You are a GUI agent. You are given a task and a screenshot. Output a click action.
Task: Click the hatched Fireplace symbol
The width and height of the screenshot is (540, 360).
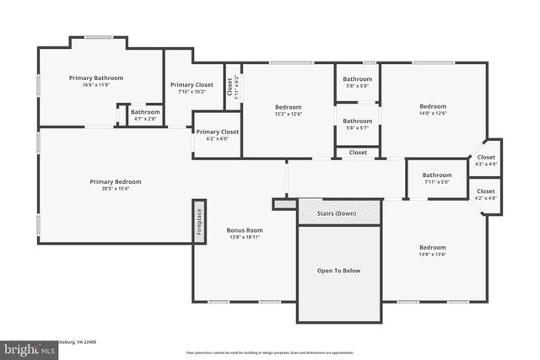pyautogui.click(x=199, y=223)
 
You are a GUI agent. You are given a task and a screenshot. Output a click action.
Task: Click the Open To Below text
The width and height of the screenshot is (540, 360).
pyautogui.click(x=338, y=271)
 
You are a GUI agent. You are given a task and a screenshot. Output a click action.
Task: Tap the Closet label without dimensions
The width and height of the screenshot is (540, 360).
pyautogui.click(x=358, y=153)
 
